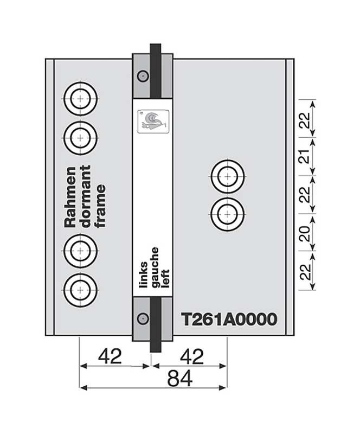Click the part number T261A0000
229,320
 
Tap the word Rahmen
70,197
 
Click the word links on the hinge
144,275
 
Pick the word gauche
155,267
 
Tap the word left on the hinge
165,278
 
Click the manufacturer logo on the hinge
153,121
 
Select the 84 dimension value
179,379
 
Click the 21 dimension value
306,157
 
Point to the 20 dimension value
306,233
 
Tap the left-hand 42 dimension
110,356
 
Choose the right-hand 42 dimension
192,356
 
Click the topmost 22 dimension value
306,119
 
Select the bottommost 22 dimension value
306,272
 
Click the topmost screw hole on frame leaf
80,99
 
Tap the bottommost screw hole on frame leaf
80,290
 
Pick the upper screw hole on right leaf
228,176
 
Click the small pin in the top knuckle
143,75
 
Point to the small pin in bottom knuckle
143,318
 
